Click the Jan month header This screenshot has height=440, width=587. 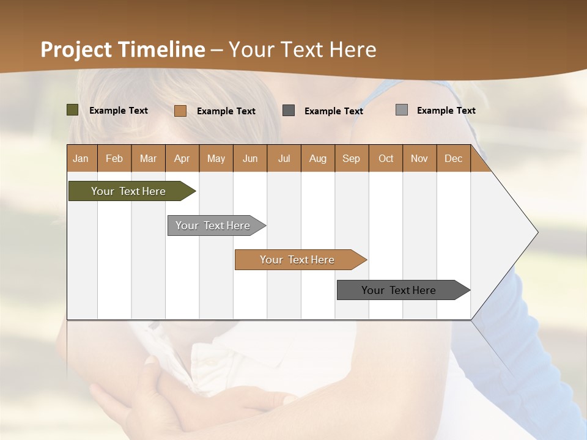click(81, 158)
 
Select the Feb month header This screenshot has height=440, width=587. click(114, 158)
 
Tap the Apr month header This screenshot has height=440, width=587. click(182, 158)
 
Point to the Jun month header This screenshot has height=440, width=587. click(250, 158)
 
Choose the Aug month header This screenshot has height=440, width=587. click(318, 158)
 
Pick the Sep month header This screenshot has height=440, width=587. click(351, 158)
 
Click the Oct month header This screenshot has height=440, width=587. click(386, 158)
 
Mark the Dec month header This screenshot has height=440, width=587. click(453, 158)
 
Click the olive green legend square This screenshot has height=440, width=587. click(72, 110)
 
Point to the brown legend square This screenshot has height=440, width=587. click(180, 111)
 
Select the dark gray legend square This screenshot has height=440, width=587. click(289, 110)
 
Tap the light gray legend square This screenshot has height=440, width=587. click(401, 110)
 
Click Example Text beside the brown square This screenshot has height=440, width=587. click(226, 111)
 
